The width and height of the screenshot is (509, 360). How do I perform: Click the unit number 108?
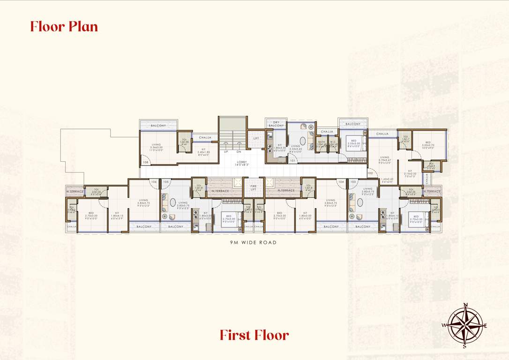point(146,163)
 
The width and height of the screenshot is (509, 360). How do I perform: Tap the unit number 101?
point(292,161)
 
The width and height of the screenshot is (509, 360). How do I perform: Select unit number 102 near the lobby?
point(370,172)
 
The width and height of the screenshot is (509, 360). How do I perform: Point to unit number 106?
point(154,181)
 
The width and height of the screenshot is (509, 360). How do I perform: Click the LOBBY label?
point(243,163)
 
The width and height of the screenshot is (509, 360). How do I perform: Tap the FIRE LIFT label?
point(254,187)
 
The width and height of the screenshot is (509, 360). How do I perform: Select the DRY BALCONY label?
point(276,124)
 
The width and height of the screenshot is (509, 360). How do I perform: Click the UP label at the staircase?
point(226,152)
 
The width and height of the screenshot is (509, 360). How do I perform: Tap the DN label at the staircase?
point(239,152)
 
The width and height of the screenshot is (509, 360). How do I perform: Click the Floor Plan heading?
point(64,26)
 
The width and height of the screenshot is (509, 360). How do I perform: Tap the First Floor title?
point(254,335)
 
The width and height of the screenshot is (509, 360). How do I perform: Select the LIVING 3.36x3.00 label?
point(157,147)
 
